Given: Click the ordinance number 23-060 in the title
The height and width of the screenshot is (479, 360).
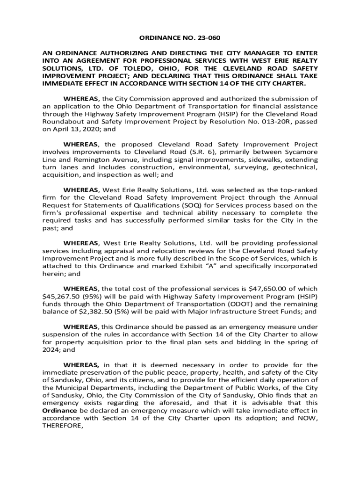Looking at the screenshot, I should point(208,39).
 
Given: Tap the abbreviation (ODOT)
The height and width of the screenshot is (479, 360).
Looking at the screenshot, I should point(245,304).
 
